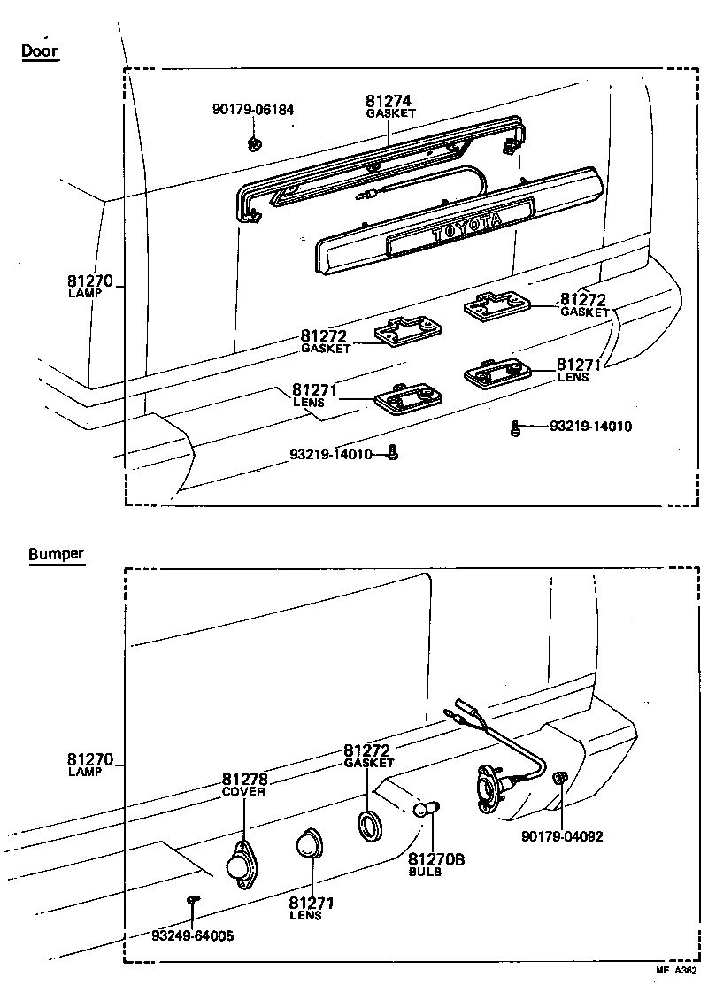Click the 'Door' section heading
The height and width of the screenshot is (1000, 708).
[x=40, y=50]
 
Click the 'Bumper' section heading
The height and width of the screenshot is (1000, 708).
[x=56, y=555]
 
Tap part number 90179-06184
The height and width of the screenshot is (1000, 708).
[x=253, y=110]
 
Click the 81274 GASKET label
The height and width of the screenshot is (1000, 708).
[x=390, y=106]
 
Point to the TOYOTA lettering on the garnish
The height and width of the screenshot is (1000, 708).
[x=466, y=228]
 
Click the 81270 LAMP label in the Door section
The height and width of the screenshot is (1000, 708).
[x=89, y=286]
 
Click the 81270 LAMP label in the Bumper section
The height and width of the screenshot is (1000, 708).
[x=89, y=764]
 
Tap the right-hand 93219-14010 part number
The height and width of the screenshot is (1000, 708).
[x=590, y=427]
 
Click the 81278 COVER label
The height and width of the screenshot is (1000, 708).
[x=244, y=784]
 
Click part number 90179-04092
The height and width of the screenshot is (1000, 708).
[x=562, y=835]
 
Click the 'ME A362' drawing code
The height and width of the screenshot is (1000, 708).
[x=676, y=970]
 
